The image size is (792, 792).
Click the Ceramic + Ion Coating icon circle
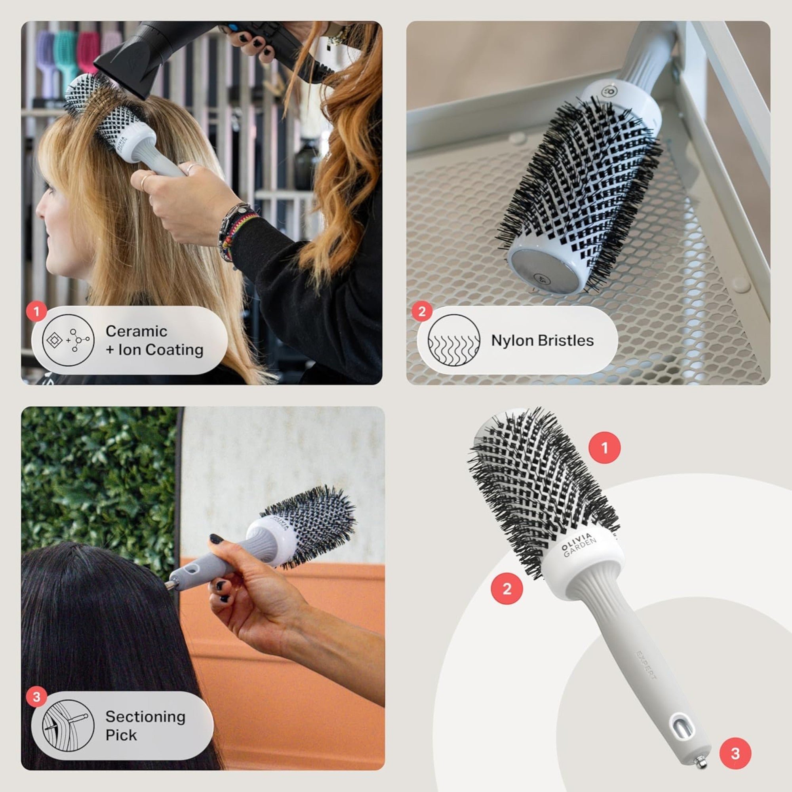[x=69, y=340]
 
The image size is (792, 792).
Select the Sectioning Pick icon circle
[x=69, y=725]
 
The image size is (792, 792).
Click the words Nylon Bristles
[x=542, y=341]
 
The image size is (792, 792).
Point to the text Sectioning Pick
[x=145, y=726]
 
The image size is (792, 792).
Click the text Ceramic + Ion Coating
[x=154, y=341]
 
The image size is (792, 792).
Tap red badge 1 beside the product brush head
[x=604, y=447]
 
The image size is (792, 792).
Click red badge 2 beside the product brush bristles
[x=507, y=589]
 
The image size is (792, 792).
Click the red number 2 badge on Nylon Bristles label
[x=422, y=312]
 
